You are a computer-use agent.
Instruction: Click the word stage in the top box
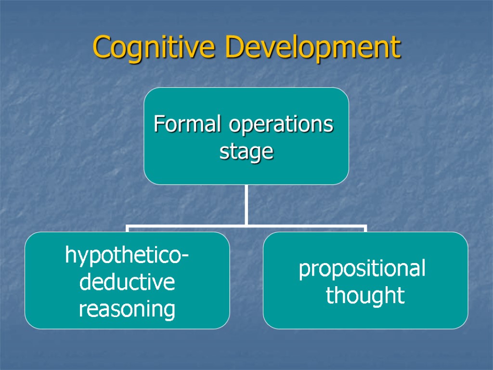246,152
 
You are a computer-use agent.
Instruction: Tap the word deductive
127,282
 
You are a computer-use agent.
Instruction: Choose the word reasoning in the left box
127,309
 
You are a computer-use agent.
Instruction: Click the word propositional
362,269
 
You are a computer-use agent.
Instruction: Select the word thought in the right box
365,295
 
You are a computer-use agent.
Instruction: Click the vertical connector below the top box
246,204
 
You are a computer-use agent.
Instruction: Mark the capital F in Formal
158,124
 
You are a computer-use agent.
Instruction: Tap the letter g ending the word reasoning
169,311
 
